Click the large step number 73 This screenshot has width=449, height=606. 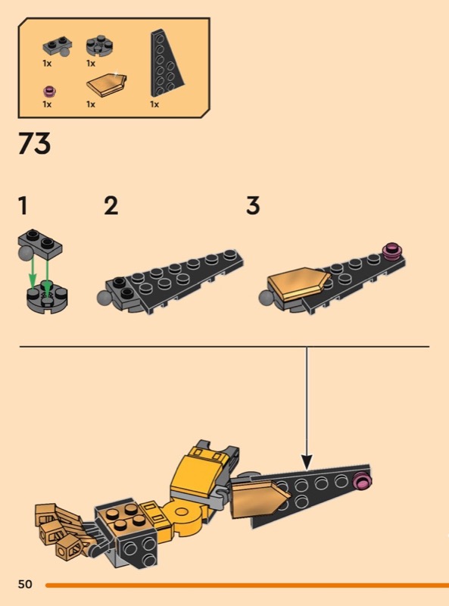pyautogui.click(x=34, y=143)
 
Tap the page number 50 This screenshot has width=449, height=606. pyautogui.click(x=25, y=584)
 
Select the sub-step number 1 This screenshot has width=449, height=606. pyautogui.click(x=23, y=205)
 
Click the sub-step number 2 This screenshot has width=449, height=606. pyautogui.click(x=111, y=205)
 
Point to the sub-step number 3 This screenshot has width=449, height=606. pyautogui.click(x=253, y=205)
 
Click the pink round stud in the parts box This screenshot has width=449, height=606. pyautogui.click(x=49, y=92)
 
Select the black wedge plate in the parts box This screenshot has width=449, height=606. pyautogui.click(x=166, y=63)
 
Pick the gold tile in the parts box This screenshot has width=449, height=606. pyautogui.click(x=107, y=85)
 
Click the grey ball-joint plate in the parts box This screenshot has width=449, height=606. pyautogui.click(x=57, y=47)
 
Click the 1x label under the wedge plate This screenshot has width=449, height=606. pyautogui.click(x=154, y=105)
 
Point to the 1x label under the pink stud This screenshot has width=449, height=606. pyautogui.click(x=47, y=105)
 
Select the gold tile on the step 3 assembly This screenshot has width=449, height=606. pyautogui.click(x=300, y=285)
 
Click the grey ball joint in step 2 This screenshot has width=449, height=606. pyautogui.click(x=104, y=296)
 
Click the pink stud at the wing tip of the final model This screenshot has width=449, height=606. pyautogui.click(x=363, y=481)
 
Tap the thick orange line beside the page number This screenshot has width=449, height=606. pyautogui.click(x=248, y=585)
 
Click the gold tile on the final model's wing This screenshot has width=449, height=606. pyautogui.click(x=259, y=499)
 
